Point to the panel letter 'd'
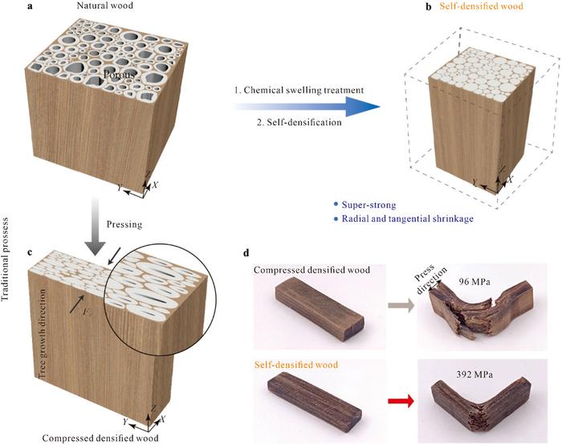point(247,255)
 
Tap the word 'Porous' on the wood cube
point(120,76)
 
